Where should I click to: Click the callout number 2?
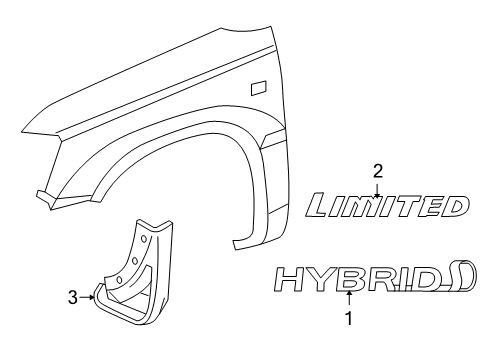pos(377,170)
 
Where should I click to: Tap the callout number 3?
pos(73,295)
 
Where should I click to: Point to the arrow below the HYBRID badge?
pos(348,299)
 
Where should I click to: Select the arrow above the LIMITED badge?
pos(377,187)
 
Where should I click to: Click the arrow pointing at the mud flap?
pos(89,295)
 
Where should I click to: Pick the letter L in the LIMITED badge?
pos(322,207)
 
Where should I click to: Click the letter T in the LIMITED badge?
pos(407,207)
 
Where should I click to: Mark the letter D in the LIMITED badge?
pos(455,207)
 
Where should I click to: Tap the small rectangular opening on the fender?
pos(257,87)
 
